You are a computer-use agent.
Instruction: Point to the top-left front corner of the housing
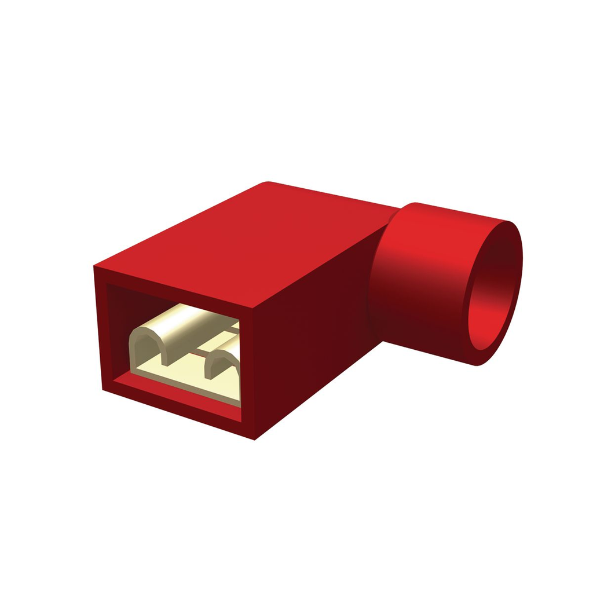[x=96, y=268]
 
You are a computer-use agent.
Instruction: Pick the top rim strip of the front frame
[x=174, y=287]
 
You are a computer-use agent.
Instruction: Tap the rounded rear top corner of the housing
[x=268, y=185]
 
